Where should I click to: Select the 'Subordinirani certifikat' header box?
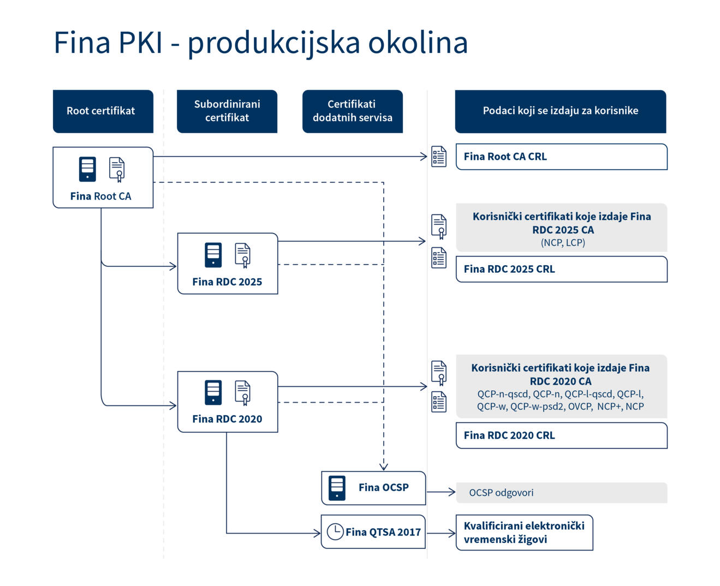227,111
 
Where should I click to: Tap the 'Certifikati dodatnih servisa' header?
352,111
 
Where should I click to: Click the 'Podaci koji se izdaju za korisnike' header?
560,111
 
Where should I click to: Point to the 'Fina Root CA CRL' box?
561,157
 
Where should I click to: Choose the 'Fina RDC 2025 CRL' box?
561,269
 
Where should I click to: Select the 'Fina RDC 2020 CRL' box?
561,435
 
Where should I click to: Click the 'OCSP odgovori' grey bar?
561,493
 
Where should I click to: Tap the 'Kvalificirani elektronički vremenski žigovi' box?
524,533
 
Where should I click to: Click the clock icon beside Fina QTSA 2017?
335,531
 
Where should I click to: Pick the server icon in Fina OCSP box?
337,488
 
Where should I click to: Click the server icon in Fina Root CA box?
87,169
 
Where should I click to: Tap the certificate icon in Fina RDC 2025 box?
243,255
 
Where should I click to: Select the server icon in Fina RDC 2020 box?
213,392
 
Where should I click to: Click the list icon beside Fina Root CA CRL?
439,157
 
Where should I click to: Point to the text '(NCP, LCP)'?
563,243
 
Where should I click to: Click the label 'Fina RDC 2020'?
227,419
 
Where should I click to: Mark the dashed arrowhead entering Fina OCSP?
384,467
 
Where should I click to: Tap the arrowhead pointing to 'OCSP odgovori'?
452,492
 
